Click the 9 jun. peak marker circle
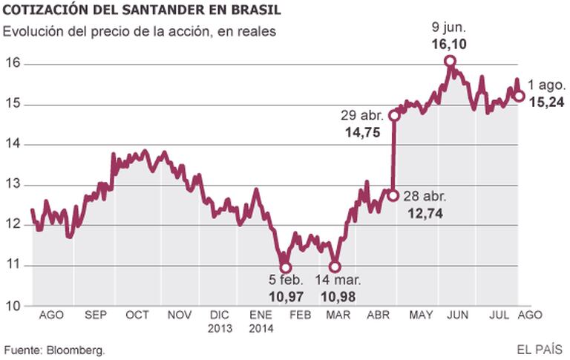click(449, 62)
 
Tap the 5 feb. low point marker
click(285, 267)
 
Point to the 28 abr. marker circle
click(393, 195)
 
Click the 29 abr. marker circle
click(394, 115)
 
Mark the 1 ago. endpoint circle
click(520, 95)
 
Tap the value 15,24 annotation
click(548, 102)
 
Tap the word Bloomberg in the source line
click(75, 349)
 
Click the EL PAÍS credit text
click(540, 349)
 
